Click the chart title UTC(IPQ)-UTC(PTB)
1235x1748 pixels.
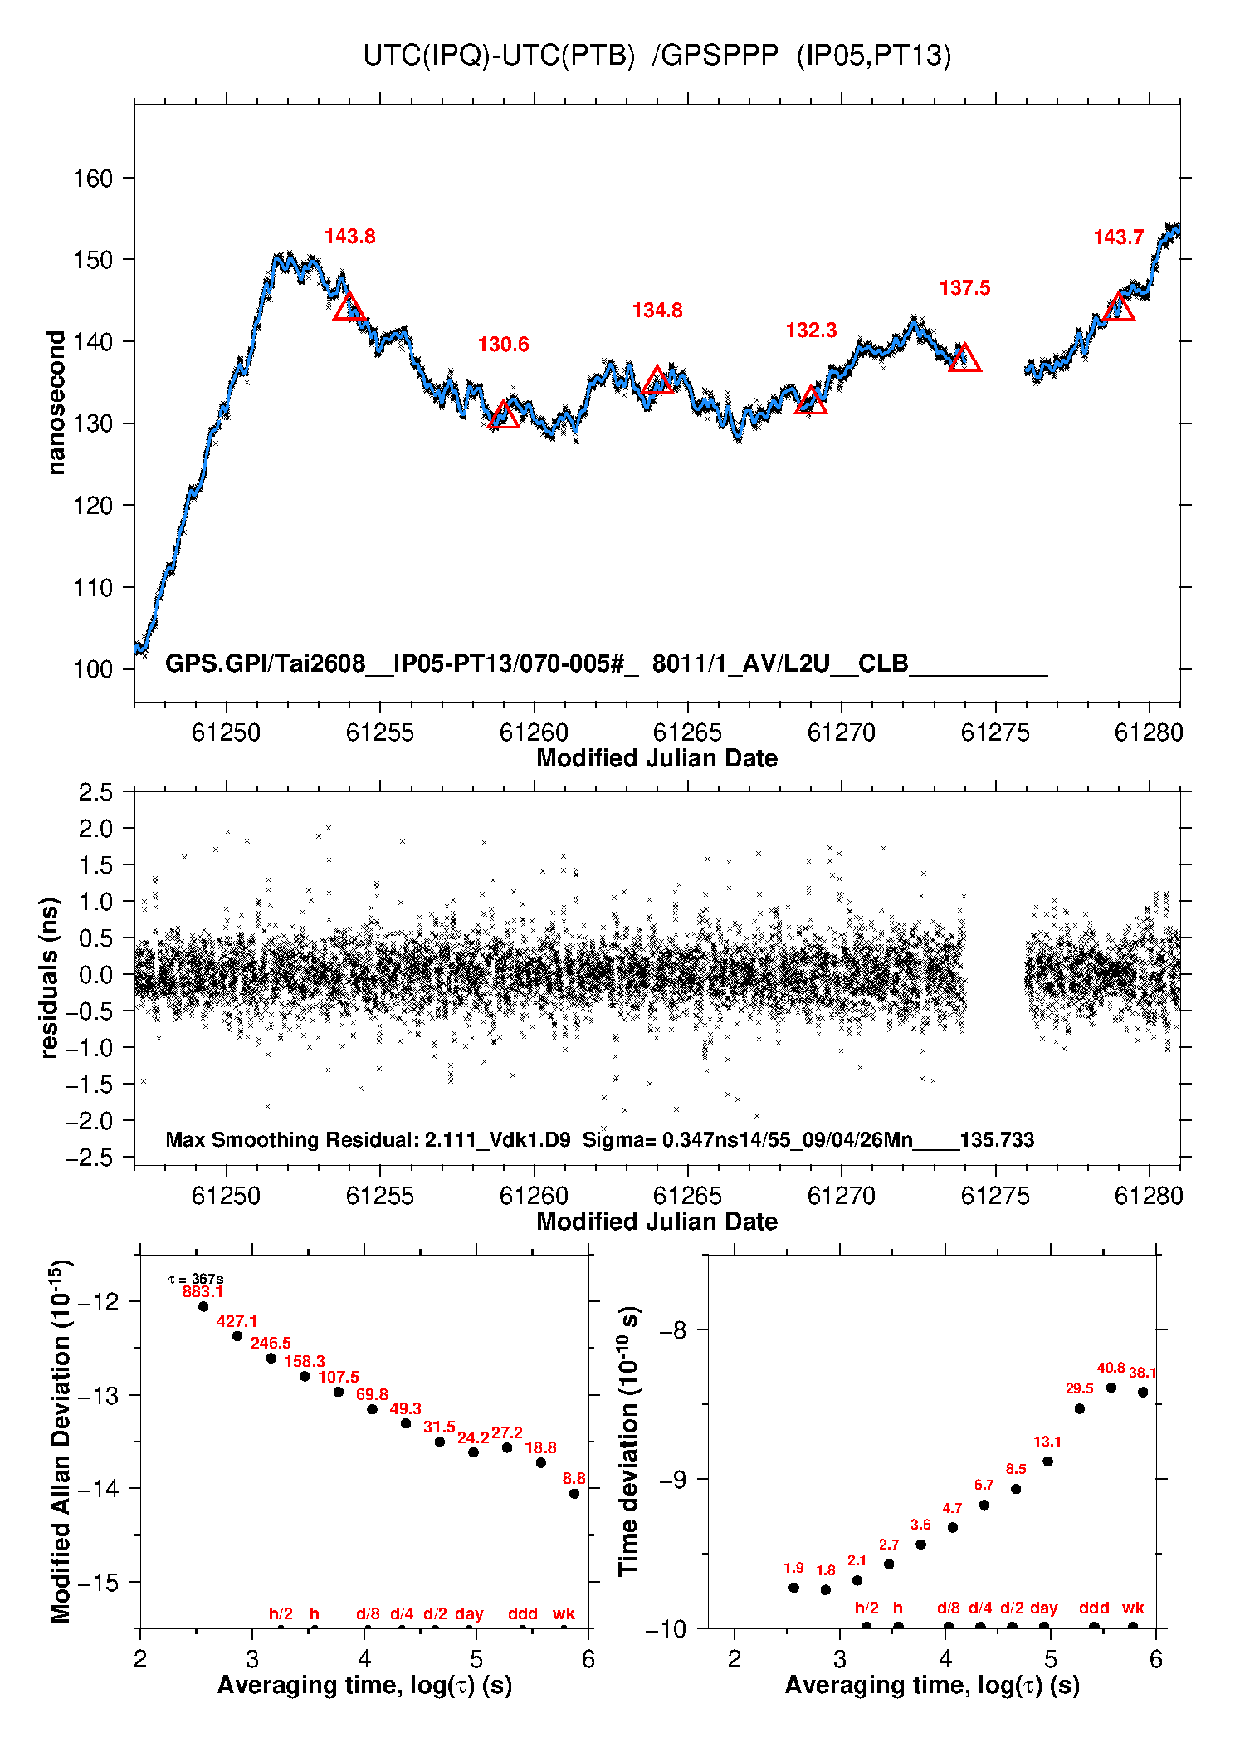499,56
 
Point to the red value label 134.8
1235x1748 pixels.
657,311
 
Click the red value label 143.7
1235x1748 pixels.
1119,237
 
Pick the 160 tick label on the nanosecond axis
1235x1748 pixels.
92,178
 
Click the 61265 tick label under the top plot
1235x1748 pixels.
687,732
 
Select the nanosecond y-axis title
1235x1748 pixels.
56,403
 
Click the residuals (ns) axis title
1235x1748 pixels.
50,977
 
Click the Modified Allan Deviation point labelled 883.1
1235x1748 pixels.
203,1306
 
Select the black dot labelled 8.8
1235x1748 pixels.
574,1494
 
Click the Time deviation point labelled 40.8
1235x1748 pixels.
1111,1388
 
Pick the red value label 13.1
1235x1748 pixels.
1047,1442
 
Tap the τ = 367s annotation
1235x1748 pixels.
196,1279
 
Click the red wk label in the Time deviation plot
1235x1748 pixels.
1133,1608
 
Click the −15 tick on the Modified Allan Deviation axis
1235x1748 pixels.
98,1582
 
